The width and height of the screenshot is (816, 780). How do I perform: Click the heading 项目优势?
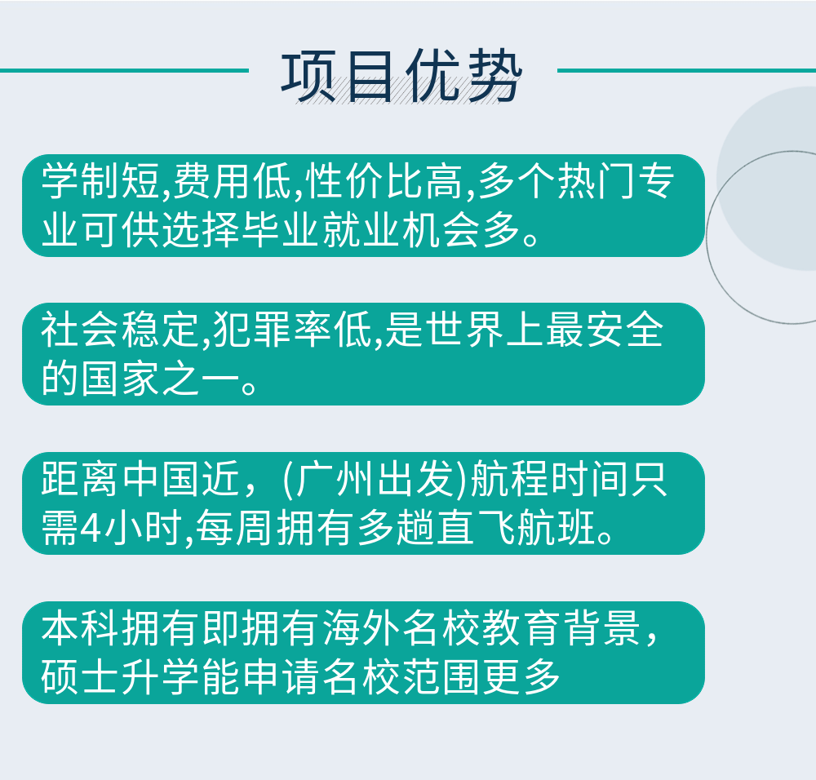coord(401,77)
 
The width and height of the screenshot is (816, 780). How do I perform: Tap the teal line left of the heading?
coord(124,70)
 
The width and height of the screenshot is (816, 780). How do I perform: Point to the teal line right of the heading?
coord(686,70)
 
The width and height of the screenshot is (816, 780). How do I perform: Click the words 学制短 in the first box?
coord(101,181)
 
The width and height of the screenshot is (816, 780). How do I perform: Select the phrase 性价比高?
coord(384,181)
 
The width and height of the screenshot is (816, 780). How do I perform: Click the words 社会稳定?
coord(120,330)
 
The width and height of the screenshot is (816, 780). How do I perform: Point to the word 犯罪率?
coord(273,330)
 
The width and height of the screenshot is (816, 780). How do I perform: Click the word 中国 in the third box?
coord(162,479)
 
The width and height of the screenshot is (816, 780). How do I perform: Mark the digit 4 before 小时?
coord(93,528)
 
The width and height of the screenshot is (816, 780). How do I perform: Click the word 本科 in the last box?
coord(81,628)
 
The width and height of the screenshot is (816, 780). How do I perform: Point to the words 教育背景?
coord(561,628)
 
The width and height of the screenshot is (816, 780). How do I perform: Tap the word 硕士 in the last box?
coord(81,676)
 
